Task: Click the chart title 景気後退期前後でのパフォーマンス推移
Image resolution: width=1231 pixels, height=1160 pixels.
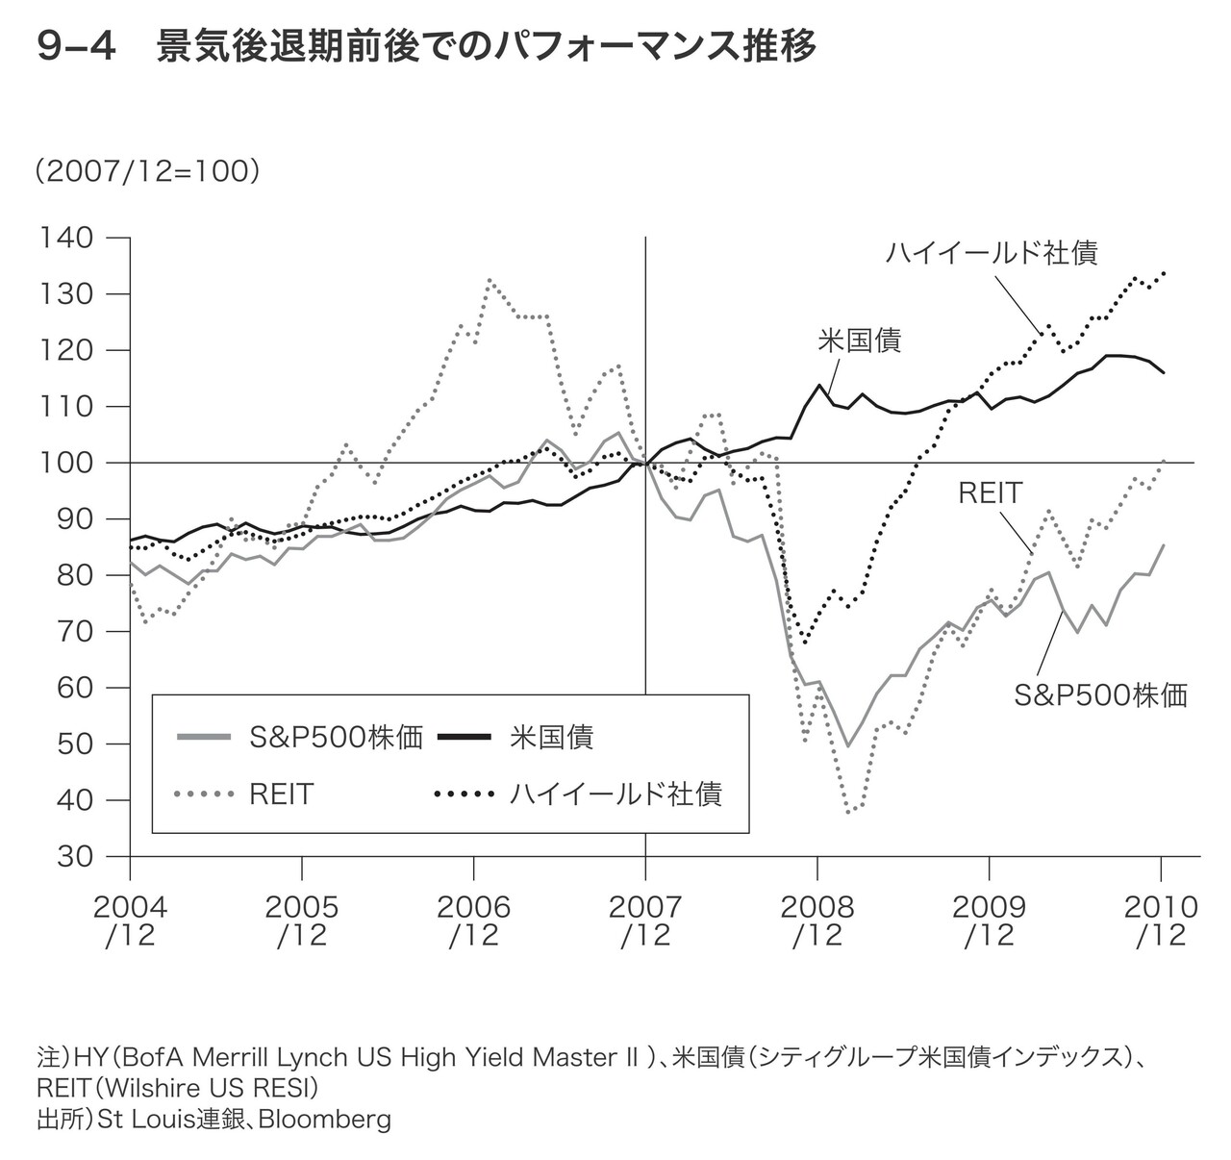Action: click(x=486, y=46)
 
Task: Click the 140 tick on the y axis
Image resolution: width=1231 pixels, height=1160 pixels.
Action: click(x=66, y=238)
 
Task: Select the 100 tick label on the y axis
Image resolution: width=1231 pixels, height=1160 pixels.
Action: click(x=66, y=463)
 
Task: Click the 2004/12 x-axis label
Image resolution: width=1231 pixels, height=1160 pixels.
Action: click(x=129, y=920)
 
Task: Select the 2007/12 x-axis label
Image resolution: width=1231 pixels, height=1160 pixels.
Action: click(x=645, y=920)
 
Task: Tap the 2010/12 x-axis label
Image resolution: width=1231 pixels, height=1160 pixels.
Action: click(x=1161, y=920)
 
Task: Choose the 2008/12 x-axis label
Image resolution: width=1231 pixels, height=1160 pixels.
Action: click(x=816, y=920)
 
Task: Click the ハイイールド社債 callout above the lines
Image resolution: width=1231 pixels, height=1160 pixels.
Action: click(x=991, y=253)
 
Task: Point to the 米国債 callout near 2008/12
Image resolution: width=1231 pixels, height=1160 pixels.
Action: click(x=860, y=340)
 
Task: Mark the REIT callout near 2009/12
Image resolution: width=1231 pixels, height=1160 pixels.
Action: click(x=990, y=493)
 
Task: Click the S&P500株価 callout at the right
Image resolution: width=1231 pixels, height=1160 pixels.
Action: click(x=1101, y=694)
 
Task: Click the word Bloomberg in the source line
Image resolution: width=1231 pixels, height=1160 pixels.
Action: click(x=325, y=1119)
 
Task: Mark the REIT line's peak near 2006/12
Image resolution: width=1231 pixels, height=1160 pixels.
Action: click(x=490, y=281)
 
